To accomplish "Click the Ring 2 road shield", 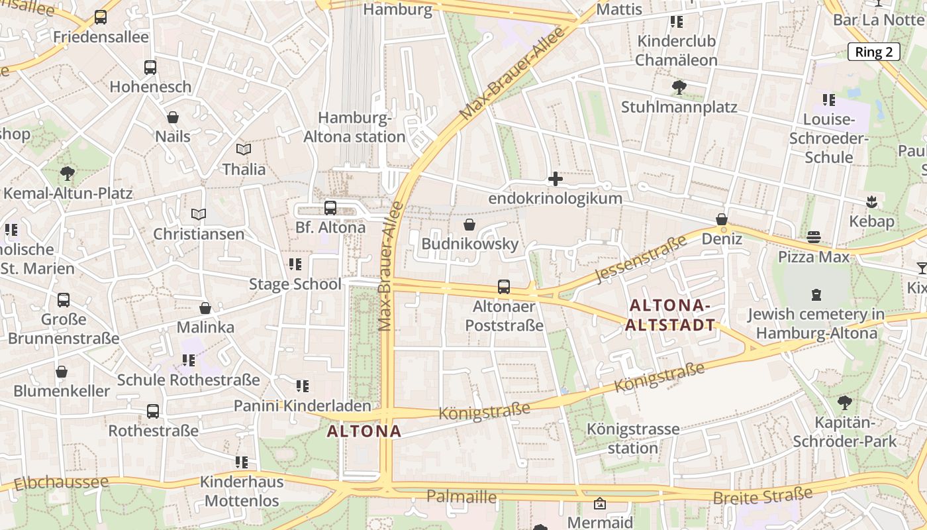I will coord(873,52).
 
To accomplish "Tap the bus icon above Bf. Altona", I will coord(330,208).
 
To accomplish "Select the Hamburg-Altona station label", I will coord(354,127).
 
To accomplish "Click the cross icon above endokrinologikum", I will coord(555,179).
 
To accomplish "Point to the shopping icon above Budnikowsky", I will coord(469,225).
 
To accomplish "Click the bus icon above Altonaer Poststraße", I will coord(504,287).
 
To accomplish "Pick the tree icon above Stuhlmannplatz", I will coord(679,87).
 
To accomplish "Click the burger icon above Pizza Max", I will coord(814,237).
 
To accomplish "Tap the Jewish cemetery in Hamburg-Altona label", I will coord(816,323).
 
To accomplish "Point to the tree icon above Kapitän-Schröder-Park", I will coord(844,402).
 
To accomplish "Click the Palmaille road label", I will coord(462,496).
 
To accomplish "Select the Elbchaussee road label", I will coord(60,482).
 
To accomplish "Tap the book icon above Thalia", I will coord(244,150).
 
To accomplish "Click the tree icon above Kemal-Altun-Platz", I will coord(67,174).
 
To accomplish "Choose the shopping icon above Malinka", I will coord(205,308).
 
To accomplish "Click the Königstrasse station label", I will coord(633,438).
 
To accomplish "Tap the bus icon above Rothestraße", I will coord(153,411).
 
